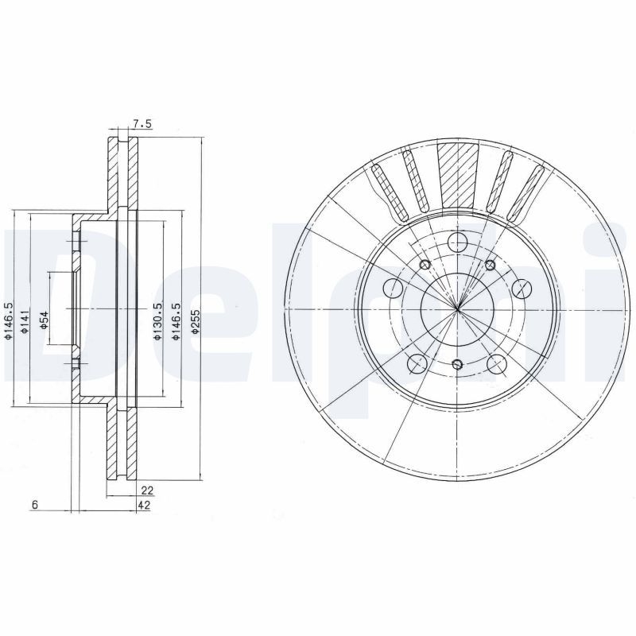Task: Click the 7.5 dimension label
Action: click(x=142, y=122)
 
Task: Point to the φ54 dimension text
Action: click(x=45, y=320)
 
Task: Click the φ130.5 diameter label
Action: click(x=158, y=322)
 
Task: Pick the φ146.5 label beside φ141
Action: click(x=9, y=321)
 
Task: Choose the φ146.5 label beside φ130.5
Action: click(x=179, y=322)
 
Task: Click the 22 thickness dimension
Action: click(x=145, y=491)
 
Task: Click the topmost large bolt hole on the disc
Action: click(x=457, y=243)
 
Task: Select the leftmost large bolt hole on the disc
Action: click(x=394, y=287)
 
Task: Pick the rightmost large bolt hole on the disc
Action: click(x=521, y=287)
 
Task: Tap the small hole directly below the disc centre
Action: click(x=457, y=364)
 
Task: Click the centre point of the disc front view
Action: click(x=457, y=309)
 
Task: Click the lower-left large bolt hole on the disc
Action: click(x=417, y=364)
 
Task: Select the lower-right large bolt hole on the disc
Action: click(x=498, y=364)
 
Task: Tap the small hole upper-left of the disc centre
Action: click(x=425, y=265)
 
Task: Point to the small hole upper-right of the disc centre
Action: click(x=490, y=265)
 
